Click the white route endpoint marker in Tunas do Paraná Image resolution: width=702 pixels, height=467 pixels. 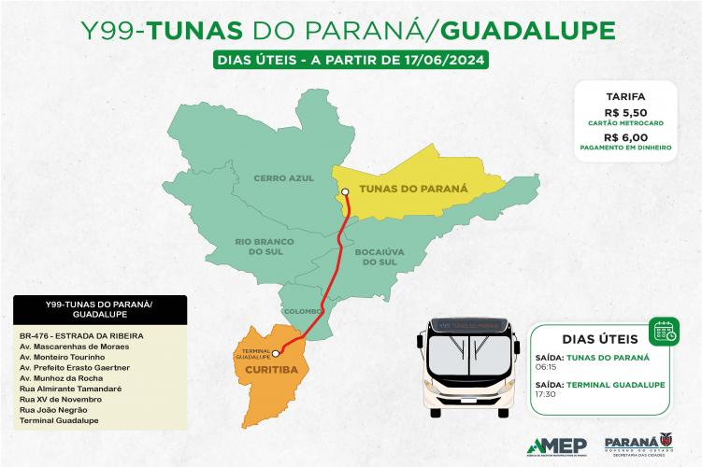click(x=345, y=192)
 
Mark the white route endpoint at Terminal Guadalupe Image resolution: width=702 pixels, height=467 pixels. click(x=275, y=354)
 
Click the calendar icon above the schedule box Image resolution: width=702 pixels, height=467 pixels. click(x=665, y=329)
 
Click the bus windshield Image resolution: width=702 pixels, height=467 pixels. click(x=471, y=351)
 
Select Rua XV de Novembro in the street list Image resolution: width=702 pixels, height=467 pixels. click(x=55, y=399)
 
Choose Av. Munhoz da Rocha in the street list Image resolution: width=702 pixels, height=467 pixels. click(x=58, y=378)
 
